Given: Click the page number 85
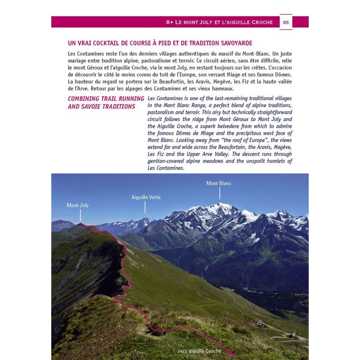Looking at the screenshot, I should pyautogui.click(x=286, y=22).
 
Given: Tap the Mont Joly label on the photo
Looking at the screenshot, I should pyautogui.click(x=78, y=205).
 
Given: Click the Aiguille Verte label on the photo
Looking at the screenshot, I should pyautogui.click(x=146, y=197).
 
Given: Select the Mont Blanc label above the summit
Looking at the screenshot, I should pyautogui.click(x=219, y=183).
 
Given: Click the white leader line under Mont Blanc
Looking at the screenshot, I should pyautogui.click(x=220, y=193).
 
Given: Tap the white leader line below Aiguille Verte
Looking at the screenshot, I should pyautogui.click(x=145, y=207).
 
